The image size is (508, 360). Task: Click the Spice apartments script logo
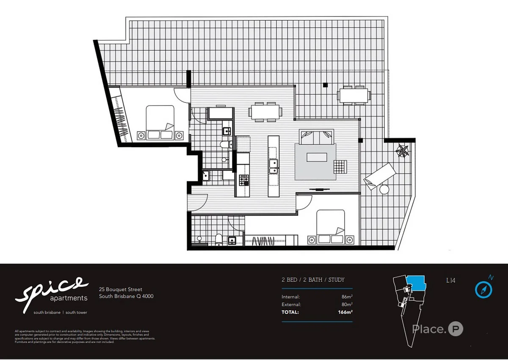click(52, 290)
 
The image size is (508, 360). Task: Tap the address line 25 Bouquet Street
click(121, 290)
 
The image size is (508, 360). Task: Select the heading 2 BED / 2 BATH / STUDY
click(313, 280)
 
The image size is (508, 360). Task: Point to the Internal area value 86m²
click(347, 297)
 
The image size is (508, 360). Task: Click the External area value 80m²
click(347, 305)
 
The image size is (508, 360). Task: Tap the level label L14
click(451, 280)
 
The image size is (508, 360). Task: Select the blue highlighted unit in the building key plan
click(415, 283)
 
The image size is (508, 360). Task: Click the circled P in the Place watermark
click(456, 329)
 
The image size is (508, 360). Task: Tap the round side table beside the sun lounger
click(384, 190)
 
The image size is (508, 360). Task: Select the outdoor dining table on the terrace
click(353, 95)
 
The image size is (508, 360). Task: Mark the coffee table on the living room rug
click(317, 157)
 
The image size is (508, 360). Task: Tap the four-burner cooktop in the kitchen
click(244, 181)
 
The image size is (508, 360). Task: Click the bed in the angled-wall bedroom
click(160, 123)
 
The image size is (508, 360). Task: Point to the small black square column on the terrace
click(325, 85)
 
